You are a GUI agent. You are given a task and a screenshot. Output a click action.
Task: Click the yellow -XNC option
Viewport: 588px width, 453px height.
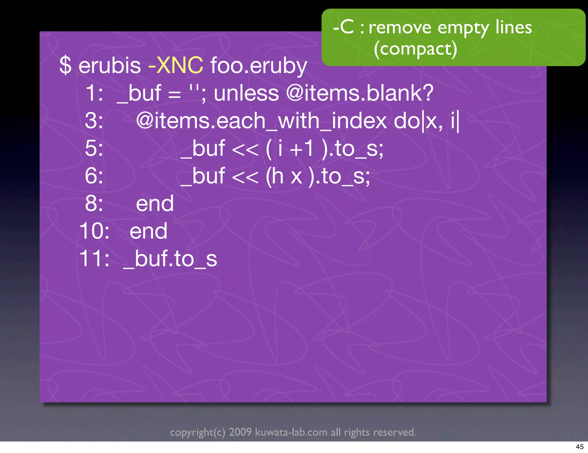[175, 66]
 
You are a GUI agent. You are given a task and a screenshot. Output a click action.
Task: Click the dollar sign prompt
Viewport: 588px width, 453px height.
[65, 66]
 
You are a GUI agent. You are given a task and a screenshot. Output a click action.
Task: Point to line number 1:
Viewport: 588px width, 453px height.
[94, 93]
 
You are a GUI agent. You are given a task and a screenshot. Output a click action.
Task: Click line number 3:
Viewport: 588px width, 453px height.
[94, 121]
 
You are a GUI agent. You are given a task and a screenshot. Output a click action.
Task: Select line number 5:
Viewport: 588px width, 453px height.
[94, 148]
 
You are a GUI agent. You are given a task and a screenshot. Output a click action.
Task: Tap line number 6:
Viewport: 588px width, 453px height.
[94, 176]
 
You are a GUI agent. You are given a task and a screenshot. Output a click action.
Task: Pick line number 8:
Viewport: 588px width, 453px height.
[94, 204]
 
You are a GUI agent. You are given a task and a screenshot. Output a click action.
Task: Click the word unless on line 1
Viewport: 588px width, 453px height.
[246, 93]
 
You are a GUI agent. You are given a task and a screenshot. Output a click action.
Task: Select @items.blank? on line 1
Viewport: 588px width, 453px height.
[360, 93]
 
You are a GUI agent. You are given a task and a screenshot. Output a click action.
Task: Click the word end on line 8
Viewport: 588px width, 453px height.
[155, 204]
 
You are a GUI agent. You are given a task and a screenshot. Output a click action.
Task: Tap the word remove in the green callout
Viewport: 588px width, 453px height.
[400, 28]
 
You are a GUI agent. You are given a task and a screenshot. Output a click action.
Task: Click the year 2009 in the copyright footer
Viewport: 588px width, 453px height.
[240, 432]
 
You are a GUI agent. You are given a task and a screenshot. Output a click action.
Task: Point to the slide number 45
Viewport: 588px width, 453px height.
[579, 447]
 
